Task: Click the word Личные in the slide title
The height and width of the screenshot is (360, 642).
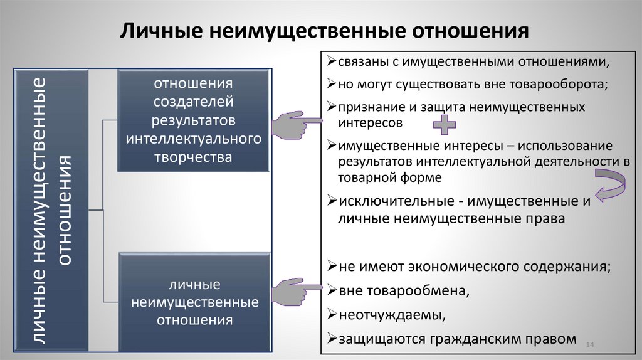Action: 160,31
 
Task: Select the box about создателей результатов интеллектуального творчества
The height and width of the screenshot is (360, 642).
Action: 194,120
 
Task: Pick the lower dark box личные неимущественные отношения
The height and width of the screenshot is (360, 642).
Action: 194,303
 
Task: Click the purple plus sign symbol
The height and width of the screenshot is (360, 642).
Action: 445,124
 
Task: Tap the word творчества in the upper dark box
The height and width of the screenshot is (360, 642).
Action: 194,157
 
